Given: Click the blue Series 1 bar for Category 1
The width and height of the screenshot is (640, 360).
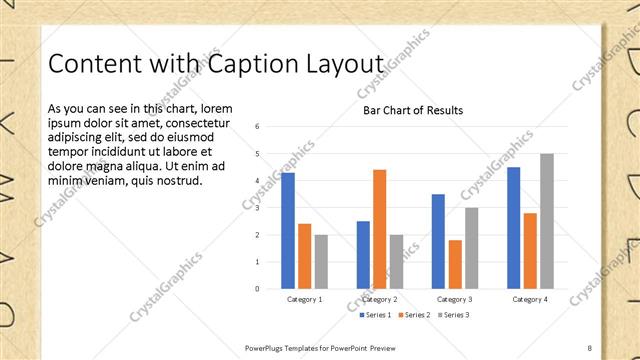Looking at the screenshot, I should point(288,230).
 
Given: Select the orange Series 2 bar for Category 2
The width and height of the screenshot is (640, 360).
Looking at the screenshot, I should point(380,229).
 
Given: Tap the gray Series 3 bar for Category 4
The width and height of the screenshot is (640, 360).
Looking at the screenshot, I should point(546,221).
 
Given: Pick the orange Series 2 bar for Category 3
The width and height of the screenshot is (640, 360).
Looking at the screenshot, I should point(455,264).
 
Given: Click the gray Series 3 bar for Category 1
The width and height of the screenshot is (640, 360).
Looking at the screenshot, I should point(321,262).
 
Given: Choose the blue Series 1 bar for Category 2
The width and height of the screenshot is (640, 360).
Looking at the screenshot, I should point(363,255).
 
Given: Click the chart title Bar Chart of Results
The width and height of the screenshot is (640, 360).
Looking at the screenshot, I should point(413,111).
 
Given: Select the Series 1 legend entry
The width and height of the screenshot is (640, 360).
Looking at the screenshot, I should point(375,315).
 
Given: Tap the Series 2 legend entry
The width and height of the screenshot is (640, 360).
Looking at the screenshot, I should point(414,315).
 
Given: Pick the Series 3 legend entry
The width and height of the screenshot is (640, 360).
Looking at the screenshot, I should point(452,315).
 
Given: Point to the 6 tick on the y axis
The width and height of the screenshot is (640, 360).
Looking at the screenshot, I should point(258,127).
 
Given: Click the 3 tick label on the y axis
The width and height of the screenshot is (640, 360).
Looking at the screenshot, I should point(258,208).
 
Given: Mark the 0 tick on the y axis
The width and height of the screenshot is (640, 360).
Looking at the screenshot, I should point(258,289).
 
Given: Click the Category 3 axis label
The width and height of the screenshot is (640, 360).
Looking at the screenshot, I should point(454,299).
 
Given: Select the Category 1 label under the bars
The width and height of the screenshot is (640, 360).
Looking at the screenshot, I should point(304,299).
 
